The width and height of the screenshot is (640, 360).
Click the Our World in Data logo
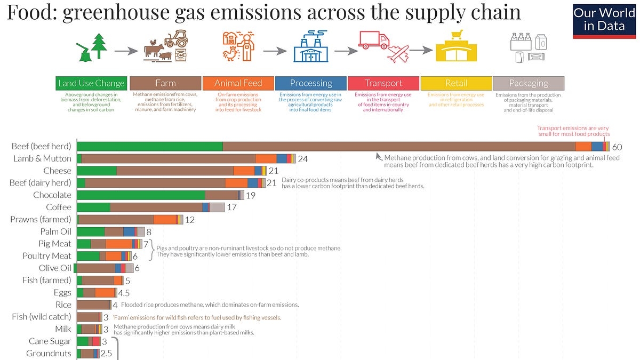(x=604, y=20)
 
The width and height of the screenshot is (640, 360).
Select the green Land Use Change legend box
(x=91, y=83)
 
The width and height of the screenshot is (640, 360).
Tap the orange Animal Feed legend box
(x=238, y=83)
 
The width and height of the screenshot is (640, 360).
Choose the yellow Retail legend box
(x=456, y=83)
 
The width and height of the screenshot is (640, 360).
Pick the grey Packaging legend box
(x=528, y=83)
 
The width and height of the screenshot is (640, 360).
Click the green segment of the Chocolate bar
(x=141, y=195)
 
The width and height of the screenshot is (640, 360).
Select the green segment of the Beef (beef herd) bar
(x=150, y=147)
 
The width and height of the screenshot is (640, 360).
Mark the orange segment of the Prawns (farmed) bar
(x=165, y=219)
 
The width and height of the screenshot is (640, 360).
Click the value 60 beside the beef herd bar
(x=618, y=147)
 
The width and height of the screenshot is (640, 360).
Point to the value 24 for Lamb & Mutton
(x=303, y=159)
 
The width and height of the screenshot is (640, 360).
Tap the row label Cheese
(x=57, y=171)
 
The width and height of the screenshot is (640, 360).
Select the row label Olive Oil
(x=55, y=268)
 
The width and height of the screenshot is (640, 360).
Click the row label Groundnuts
(x=49, y=353)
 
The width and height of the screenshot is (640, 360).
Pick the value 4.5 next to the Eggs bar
(x=124, y=293)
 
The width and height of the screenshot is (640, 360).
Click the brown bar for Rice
(x=93, y=305)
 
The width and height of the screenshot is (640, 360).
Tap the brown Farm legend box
(x=165, y=83)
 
